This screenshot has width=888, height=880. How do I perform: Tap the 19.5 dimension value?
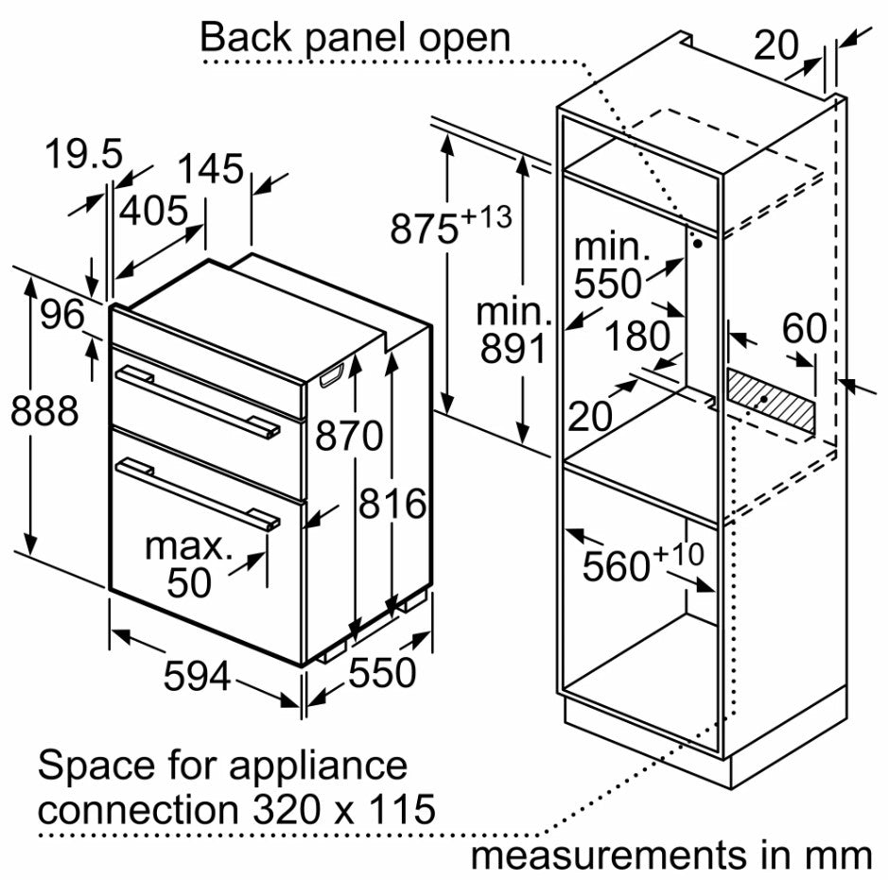click(85, 154)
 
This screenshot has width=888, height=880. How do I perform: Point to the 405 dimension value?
click(152, 210)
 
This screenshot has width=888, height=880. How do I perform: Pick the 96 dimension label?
click(62, 315)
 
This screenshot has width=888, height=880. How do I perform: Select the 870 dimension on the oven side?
click(350, 437)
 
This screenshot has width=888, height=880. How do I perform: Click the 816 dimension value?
click(392, 504)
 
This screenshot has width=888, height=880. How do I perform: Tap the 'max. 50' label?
click(189, 565)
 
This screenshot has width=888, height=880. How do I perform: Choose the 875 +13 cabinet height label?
click(450, 228)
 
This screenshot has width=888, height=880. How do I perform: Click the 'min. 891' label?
click(513, 331)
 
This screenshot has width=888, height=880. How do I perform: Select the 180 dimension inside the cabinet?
click(637, 336)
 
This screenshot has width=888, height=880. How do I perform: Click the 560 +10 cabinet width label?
click(643, 564)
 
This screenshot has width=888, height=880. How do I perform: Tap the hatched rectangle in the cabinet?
click(770, 402)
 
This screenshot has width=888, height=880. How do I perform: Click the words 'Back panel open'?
click(355, 38)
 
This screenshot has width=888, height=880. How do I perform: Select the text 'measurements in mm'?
click(671, 855)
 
